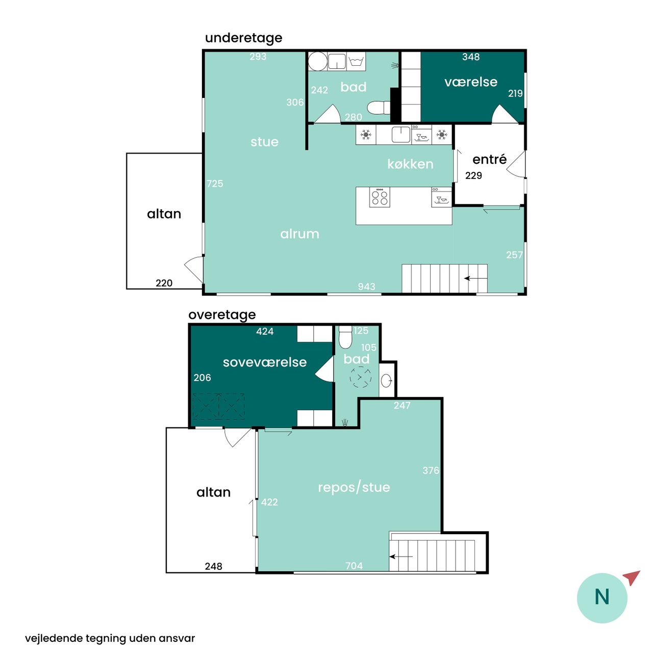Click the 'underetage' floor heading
click(x=243, y=38)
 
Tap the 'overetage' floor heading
click(x=222, y=315)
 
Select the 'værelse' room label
click(x=471, y=82)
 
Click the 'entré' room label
click(x=489, y=159)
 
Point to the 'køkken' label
click(x=410, y=164)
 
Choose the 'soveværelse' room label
click(x=265, y=362)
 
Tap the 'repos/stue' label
click(x=354, y=487)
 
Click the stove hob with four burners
click(x=380, y=197)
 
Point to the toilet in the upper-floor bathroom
click(x=345, y=338)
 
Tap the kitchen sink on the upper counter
click(x=401, y=135)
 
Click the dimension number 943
click(x=366, y=287)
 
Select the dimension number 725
click(x=215, y=184)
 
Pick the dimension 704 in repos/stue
click(x=354, y=566)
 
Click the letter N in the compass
click(x=602, y=597)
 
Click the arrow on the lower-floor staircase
click(x=475, y=278)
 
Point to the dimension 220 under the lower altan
click(x=164, y=283)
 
